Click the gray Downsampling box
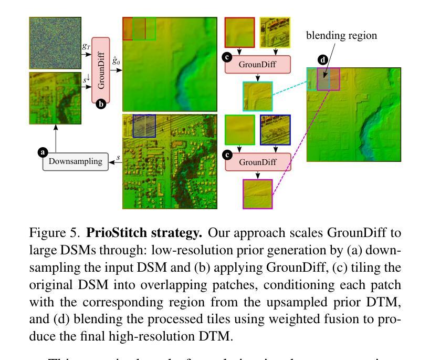click(x=76, y=161)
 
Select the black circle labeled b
click(x=101, y=104)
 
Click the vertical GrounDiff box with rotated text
click(x=101, y=70)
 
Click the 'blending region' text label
click(x=342, y=36)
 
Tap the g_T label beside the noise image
click(x=86, y=46)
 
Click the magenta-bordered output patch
click(x=257, y=194)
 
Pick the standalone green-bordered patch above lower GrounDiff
click(x=239, y=130)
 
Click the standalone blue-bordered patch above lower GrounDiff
click(x=275, y=130)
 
